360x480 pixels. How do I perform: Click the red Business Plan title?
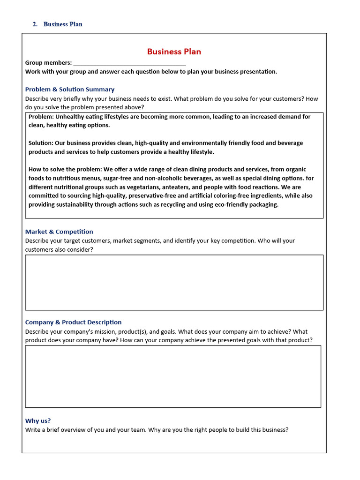[174, 52]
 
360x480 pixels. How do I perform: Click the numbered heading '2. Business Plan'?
[57, 24]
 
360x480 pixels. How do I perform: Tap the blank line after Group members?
[129, 63]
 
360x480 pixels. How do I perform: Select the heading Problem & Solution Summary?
[70, 90]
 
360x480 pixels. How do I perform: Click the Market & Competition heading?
[59, 232]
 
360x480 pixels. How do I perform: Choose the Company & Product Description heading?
[73, 322]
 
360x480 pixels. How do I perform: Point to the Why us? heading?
[38, 421]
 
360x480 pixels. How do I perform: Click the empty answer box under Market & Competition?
[174, 282]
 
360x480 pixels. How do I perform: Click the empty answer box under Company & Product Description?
[173, 376]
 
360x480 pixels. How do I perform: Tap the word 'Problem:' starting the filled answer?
[41, 117]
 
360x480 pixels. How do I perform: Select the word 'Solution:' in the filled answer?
[41, 143]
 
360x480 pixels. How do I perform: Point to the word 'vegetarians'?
[130, 187]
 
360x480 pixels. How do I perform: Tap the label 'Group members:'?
[48, 63]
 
